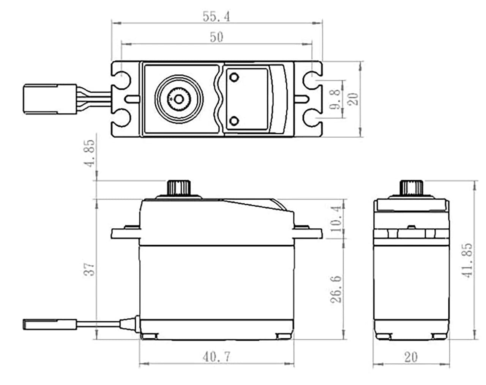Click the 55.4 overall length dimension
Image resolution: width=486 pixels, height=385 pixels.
click(216, 17)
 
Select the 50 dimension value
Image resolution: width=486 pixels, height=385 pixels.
click(216, 37)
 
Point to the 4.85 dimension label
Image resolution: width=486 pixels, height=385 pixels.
click(90, 159)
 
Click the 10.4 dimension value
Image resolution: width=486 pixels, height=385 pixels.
click(336, 219)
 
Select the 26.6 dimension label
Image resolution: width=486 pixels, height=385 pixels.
click(336, 289)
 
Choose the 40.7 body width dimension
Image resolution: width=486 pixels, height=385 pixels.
click(216, 357)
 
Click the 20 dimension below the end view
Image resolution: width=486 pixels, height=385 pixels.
click(411, 357)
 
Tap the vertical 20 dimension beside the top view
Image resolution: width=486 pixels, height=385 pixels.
click(353, 99)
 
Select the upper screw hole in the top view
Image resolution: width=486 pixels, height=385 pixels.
click(234, 77)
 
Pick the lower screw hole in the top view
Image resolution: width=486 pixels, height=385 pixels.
click(234, 121)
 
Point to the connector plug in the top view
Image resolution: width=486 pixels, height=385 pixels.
click(41, 99)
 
